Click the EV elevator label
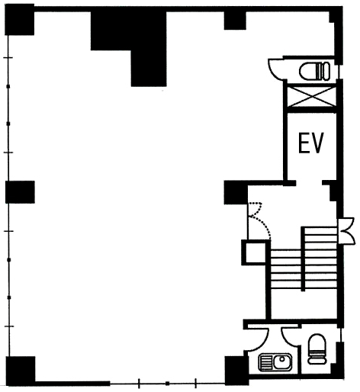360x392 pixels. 311,143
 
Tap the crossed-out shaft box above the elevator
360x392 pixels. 312,97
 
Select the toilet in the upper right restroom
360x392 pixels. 315,71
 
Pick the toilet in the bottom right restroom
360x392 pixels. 317,349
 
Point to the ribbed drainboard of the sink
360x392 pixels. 266,362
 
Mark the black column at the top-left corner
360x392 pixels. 20,20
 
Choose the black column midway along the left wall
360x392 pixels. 20,192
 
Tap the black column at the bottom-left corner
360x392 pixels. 21,371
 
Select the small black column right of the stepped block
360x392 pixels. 235,21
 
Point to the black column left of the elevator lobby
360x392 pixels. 236,192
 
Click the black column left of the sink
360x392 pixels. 236,371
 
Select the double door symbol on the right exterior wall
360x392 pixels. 346,231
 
